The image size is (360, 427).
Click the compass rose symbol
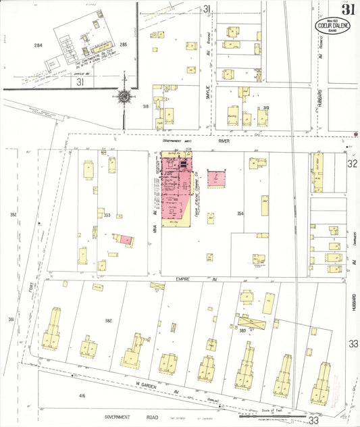125,97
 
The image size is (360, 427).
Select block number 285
123,45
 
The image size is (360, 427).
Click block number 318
145,106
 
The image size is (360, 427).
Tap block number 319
266,108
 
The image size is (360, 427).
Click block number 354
239,214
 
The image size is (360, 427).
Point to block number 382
107,320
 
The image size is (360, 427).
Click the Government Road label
128,417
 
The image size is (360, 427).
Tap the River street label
225,143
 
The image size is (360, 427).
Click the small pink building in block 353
125,239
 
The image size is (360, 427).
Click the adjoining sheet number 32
352,164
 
